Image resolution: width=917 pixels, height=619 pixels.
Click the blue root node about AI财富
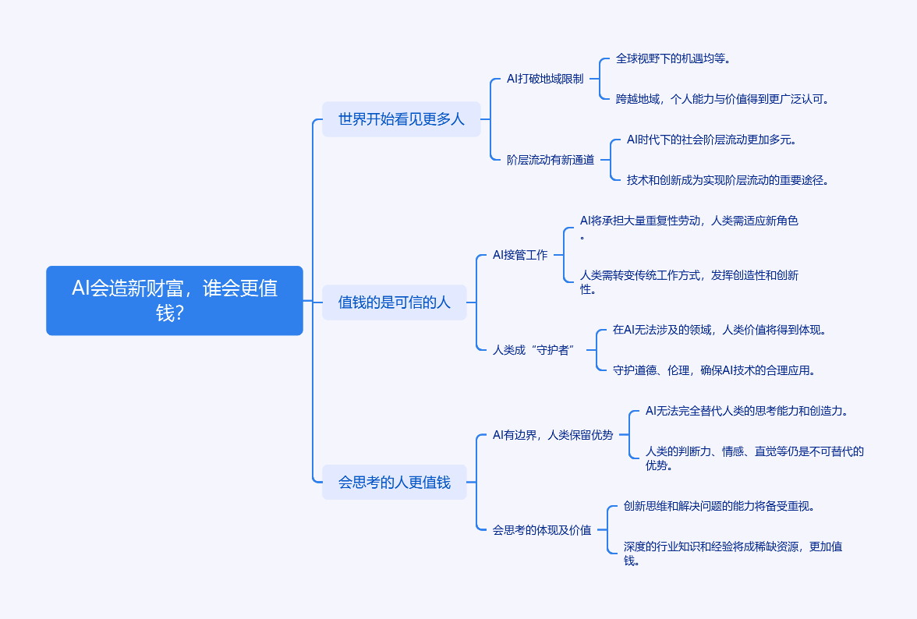[175, 300]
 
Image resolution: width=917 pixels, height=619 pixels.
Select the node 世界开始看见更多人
[402, 119]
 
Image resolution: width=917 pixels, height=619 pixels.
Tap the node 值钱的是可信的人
[395, 302]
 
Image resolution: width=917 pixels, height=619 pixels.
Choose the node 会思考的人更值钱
[395, 482]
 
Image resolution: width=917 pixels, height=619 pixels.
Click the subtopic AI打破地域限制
[545, 79]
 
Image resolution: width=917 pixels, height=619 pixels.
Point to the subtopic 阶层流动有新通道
[551, 160]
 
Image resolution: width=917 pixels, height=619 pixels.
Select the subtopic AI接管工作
[520, 255]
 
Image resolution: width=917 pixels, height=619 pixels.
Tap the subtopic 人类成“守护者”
[534, 350]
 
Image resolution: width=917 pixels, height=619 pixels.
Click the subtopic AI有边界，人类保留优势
[553, 435]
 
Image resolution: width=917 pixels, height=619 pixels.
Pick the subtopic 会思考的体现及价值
[542, 530]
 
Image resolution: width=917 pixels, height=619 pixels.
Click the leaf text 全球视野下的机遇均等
[673, 58]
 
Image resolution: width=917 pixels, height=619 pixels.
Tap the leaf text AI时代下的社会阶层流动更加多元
[711, 140]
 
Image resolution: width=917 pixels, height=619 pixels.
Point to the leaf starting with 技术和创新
[728, 180]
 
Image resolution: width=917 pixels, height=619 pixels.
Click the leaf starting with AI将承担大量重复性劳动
[689, 221]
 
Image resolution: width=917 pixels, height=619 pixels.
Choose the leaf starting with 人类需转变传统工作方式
[689, 275]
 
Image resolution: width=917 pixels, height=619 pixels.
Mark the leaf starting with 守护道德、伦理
[714, 370]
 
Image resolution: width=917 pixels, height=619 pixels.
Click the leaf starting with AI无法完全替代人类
[746, 411]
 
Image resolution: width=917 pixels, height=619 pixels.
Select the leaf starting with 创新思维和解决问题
[719, 506]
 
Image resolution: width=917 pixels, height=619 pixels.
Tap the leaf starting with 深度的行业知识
[732, 547]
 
